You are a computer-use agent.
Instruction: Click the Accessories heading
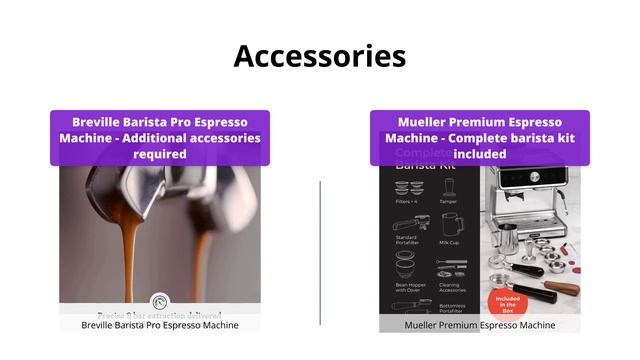pyautogui.click(x=320, y=56)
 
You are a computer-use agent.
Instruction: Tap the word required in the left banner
pyautogui.click(x=160, y=154)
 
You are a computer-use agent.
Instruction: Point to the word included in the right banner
pyautogui.click(x=480, y=154)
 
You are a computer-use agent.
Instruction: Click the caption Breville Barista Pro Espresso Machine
pyautogui.click(x=160, y=325)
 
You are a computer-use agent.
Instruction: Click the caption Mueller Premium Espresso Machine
pyautogui.click(x=479, y=325)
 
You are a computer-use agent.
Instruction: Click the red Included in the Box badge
pyautogui.click(x=505, y=303)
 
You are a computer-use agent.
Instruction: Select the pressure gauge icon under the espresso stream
pyautogui.click(x=160, y=303)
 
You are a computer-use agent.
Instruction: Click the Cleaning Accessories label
pyautogui.click(x=449, y=287)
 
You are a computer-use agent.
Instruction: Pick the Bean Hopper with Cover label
pyautogui.click(x=406, y=287)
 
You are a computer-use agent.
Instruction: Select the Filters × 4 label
pyautogui.click(x=406, y=201)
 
